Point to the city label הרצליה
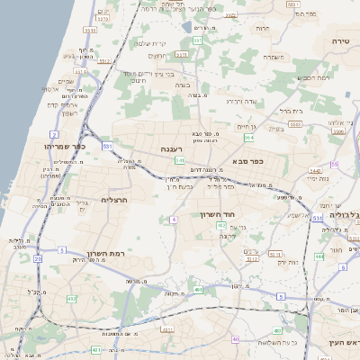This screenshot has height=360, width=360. coord(115,200)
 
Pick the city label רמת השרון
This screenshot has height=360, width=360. coord(91,255)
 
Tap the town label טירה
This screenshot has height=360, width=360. coord(340,41)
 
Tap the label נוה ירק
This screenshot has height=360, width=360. coord(261,262)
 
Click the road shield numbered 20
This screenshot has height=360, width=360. coord(38,260)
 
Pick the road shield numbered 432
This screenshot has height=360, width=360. coord(72,298)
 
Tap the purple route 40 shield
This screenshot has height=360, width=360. coord(237,339)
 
